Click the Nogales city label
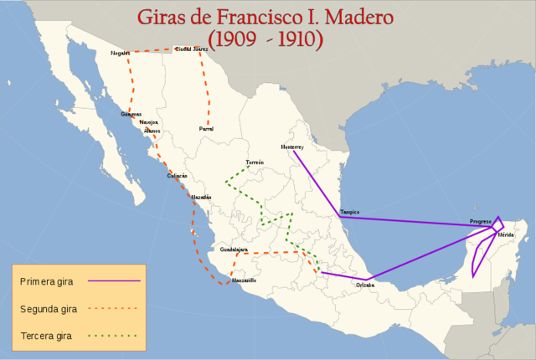point(121,54)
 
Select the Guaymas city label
point(131,114)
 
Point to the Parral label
point(206,129)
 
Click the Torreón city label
point(255,162)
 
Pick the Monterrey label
point(292,147)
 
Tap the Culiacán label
point(177,176)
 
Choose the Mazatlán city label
point(201,197)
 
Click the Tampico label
point(350,212)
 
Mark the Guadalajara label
point(234,249)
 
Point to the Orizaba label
point(365,285)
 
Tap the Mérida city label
point(506,234)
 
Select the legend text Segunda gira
point(49,309)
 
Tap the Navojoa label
point(150,122)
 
